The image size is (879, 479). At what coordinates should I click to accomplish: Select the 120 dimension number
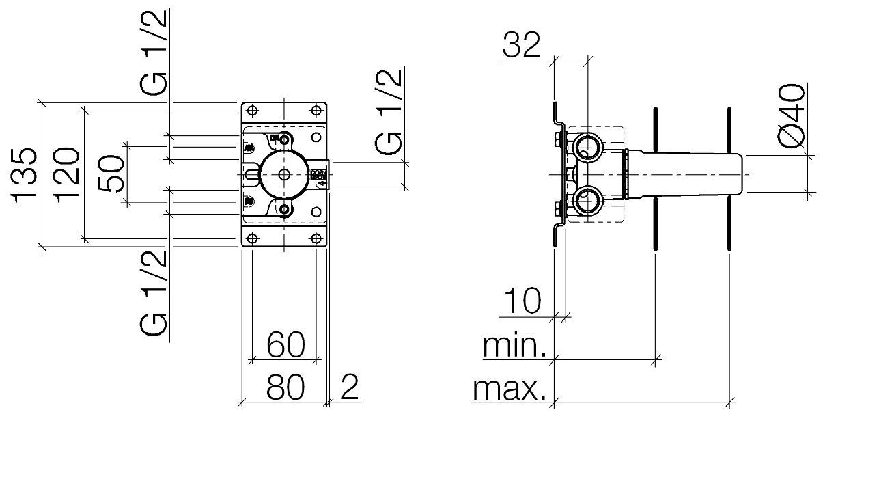(x=69, y=174)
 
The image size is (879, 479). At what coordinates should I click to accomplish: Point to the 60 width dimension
(x=285, y=345)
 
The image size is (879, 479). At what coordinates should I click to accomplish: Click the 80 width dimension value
(x=285, y=388)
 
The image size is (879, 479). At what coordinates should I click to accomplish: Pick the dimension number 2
(x=349, y=388)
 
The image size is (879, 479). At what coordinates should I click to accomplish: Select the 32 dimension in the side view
(x=521, y=46)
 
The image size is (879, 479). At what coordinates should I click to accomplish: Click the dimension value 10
(x=522, y=301)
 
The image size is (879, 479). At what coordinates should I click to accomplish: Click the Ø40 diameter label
(x=792, y=116)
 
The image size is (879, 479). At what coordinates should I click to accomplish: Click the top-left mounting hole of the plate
(x=252, y=111)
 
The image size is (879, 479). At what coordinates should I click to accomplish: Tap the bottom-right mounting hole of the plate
(x=316, y=238)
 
